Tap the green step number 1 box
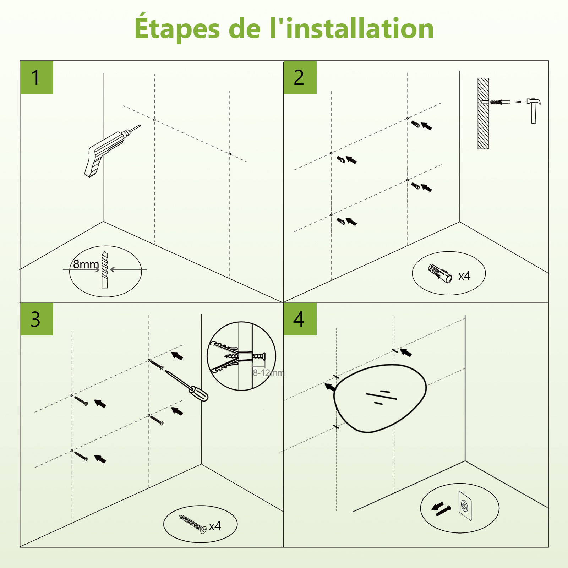[x=37, y=77]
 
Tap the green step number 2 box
[x=300, y=77]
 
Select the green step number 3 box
[x=37, y=319]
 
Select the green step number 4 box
[x=300, y=319]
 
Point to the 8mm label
[x=86, y=264]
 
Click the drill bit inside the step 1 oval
[x=105, y=270]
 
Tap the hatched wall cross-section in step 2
[x=483, y=114]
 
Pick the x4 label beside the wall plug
[x=464, y=276]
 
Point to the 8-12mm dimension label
[x=268, y=373]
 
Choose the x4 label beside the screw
[x=215, y=526]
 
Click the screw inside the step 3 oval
[x=193, y=524]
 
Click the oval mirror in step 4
[x=380, y=398]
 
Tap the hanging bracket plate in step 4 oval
[x=465, y=506]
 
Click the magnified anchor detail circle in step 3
[x=241, y=356]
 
